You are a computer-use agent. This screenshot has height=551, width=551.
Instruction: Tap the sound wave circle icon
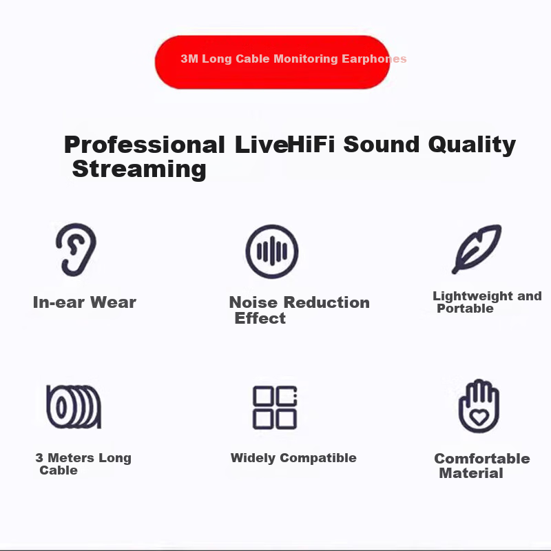(x=272, y=251)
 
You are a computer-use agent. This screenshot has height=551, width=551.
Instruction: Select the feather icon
(x=477, y=249)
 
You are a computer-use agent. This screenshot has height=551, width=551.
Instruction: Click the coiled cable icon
(x=74, y=407)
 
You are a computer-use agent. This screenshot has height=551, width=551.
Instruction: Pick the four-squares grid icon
(x=275, y=408)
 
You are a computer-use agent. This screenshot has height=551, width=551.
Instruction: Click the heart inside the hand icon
(x=479, y=417)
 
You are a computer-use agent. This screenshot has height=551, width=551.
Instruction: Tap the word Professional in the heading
(x=145, y=145)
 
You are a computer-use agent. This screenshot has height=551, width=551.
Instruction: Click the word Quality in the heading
(x=472, y=145)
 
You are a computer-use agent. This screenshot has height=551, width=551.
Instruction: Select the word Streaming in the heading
(x=139, y=169)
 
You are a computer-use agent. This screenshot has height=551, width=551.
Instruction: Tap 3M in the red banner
(x=189, y=59)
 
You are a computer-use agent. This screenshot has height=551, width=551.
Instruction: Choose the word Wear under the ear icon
(x=113, y=302)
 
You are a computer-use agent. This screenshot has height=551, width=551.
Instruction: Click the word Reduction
(x=326, y=302)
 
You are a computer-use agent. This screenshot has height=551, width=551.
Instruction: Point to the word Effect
(x=260, y=318)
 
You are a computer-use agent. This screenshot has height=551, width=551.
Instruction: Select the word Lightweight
(x=472, y=296)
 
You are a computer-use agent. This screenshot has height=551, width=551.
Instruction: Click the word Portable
(x=465, y=309)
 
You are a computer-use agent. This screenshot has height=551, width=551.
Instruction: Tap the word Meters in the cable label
(x=71, y=458)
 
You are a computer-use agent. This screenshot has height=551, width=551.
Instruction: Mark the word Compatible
(x=318, y=458)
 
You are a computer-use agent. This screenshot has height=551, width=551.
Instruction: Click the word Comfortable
(x=482, y=459)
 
